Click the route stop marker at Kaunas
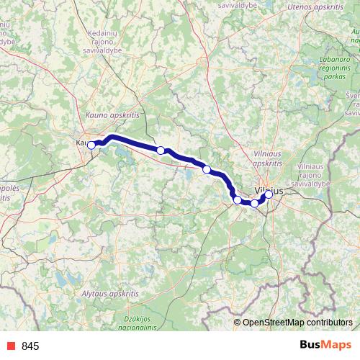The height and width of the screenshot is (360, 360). (x=91, y=145)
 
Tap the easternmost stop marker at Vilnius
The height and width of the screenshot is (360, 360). (x=269, y=194)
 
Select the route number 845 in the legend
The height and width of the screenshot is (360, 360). (x=30, y=346)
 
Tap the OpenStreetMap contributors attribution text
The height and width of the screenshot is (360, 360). (x=297, y=322)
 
